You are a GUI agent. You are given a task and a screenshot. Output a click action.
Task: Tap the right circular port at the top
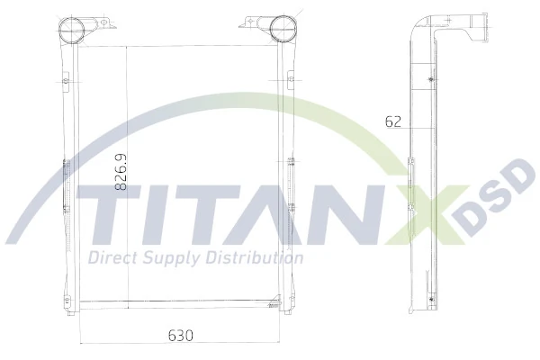pyautogui.click(x=282, y=28)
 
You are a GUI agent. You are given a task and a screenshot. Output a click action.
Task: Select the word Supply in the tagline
pyautogui.click(x=174, y=258)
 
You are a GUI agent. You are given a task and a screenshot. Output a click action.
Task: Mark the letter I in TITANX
pyautogui.click(x=157, y=215)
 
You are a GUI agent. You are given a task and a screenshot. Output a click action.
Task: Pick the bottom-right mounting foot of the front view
pyautogui.click(x=285, y=307)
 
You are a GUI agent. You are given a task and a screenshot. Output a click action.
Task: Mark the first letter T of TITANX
pyautogui.click(x=105, y=215)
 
